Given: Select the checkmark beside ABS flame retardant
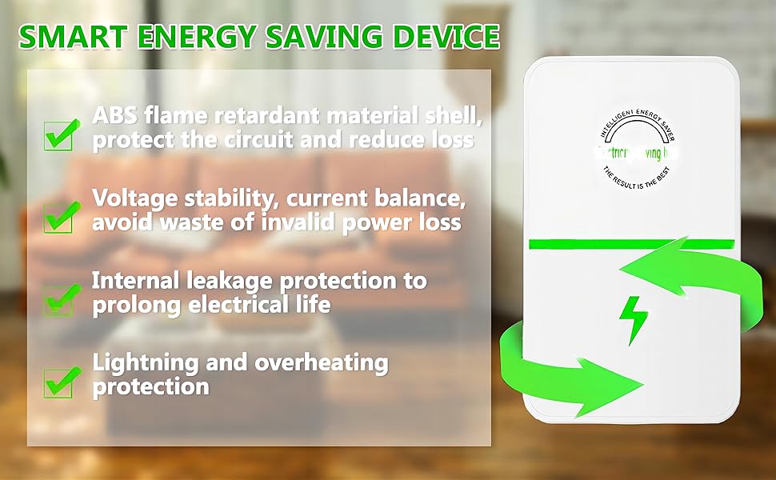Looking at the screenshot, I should coord(61,132).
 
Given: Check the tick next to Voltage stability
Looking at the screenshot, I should coord(61,214).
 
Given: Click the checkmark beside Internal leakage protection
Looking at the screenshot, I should coord(61,298).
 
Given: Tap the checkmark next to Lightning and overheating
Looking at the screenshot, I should coord(61,380).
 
